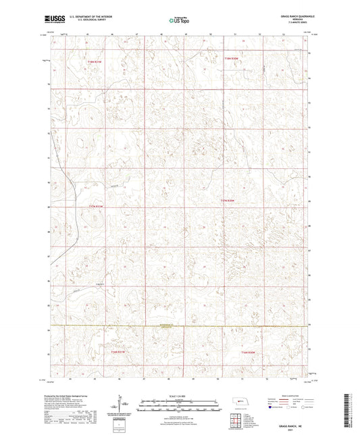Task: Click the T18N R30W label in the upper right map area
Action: point(232,59)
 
